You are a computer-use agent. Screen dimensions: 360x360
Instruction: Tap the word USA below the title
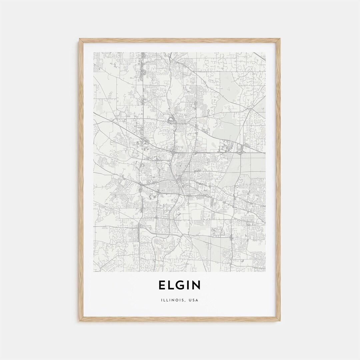click(193, 300)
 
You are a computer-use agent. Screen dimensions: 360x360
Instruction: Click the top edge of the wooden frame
click(180, 40)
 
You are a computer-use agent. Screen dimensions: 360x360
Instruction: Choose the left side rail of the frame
click(81, 180)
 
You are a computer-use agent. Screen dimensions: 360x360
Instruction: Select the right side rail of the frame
click(279, 180)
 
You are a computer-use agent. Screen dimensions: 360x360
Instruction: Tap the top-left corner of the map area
click(94, 52)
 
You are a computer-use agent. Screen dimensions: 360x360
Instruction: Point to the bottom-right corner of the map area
click(266, 272)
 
